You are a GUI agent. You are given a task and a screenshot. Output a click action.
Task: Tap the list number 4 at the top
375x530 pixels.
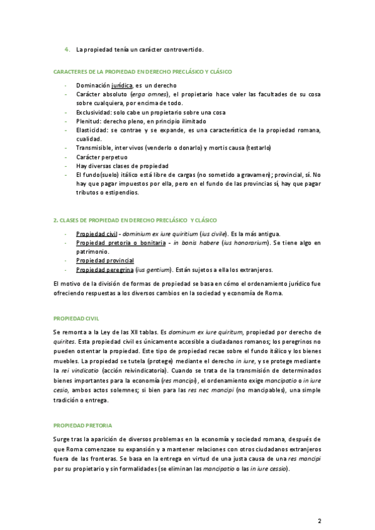coord(67,49)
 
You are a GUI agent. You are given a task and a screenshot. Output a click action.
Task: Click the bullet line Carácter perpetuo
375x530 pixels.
coord(101,157)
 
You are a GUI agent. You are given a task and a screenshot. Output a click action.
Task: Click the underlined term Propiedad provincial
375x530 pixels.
coord(105,260)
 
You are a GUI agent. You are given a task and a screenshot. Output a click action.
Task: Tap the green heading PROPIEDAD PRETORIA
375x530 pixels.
coord(82,426)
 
